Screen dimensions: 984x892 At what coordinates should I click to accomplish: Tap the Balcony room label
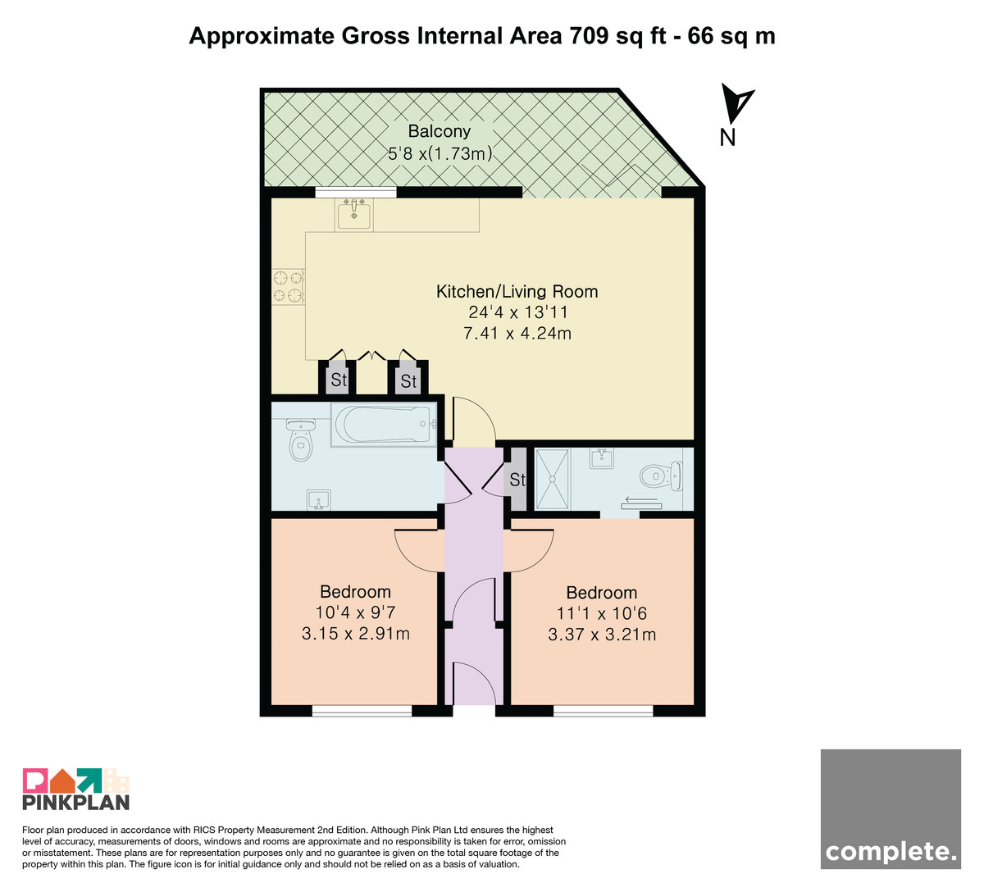click(x=439, y=131)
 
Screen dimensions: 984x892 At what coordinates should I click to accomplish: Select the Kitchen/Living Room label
click(x=517, y=291)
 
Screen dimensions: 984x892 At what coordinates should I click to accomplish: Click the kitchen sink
click(x=354, y=215)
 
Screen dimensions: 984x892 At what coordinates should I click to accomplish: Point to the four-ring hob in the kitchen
click(x=288, y=286)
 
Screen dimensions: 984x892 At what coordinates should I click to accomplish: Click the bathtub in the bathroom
click(x=383, y=425)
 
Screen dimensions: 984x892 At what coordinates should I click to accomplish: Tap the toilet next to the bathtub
click(x=300, y=439)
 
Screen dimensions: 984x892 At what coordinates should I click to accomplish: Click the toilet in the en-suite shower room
click(x=661, y=476)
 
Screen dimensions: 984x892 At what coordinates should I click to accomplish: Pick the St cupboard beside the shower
click(x=516, y=480)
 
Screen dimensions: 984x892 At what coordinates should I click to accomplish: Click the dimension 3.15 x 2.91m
click(x=356, y=634)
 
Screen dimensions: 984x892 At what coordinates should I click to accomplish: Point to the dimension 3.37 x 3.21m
click(x=602, y=635)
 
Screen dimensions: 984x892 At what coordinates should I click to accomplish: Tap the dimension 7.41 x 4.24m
click(x=517, y=334)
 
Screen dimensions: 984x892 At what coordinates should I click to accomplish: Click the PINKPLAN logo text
click(x=76, y=802)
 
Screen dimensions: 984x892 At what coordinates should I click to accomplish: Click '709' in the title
click(x=589, y=36)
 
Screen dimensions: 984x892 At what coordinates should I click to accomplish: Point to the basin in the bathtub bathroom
click(x=319, y=500)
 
